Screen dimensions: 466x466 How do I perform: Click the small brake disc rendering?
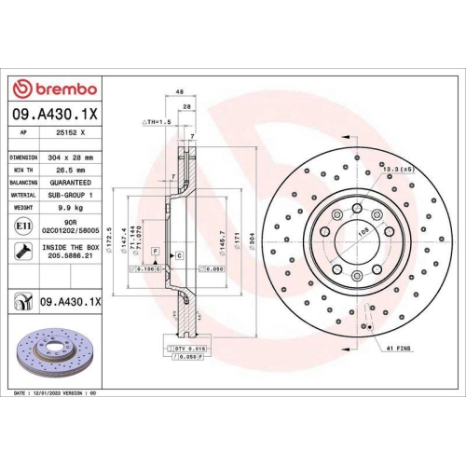pos(52,347)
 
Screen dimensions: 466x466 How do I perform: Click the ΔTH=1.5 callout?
pos(157,122)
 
